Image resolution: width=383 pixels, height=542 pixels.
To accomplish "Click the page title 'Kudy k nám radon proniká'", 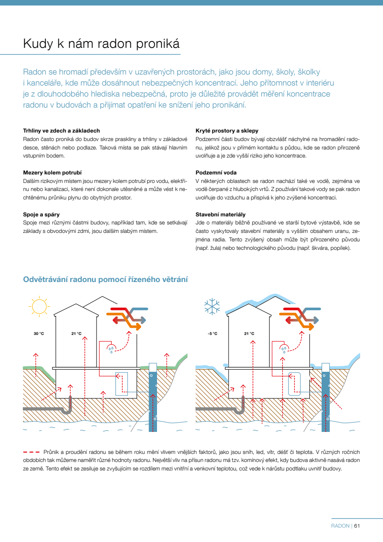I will click(x=102, y=43).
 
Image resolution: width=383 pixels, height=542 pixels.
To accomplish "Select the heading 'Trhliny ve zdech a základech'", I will click(x=61, y=131).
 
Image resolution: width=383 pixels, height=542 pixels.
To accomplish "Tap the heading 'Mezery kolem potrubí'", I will click(x=52, y=173).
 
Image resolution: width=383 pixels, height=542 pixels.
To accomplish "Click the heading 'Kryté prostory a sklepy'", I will click(x=227, y=131).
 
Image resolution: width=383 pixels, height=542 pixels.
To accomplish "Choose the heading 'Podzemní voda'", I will click(x=216, y=173).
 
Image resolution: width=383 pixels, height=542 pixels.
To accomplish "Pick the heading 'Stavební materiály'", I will click(x=220, y=215).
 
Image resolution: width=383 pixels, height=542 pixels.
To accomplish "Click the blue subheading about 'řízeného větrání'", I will click(x=105, y=279).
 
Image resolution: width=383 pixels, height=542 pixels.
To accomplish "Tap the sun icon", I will click(x=39, y=306).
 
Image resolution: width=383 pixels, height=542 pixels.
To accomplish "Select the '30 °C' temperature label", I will click(x=39, y=334).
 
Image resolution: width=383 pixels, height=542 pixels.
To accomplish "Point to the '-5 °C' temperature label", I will click(x=212, y=334).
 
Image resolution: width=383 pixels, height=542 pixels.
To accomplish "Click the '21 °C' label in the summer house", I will click(x=76, y=334).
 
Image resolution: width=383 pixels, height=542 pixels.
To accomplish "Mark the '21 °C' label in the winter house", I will click(x=249, y=334).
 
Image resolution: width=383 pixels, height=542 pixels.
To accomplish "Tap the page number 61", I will click(x=357, y=526).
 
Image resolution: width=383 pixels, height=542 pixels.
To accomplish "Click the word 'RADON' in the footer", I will click(x=340, y=526).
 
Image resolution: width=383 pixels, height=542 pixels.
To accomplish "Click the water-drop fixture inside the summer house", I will click(x=111, y=349).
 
